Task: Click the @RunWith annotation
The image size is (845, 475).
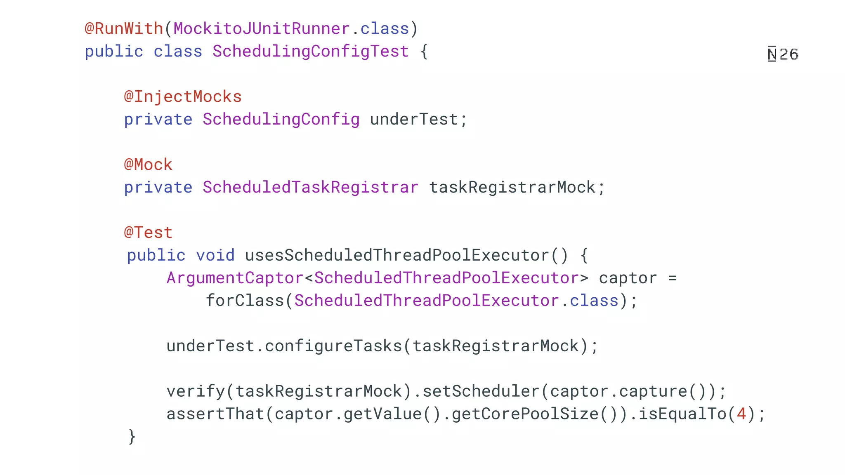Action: coord(124,29)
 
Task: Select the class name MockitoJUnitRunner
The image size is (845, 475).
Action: coord(262,29)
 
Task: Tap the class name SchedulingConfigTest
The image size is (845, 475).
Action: coord(310,52)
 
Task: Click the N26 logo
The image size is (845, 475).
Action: coord(783,54)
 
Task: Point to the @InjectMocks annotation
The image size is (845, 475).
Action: coord(183,97)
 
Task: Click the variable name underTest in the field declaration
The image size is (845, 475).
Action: coord(414,120)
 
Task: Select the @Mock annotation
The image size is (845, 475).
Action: coord(148,165)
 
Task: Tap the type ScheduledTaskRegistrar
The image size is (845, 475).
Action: coord(310,188)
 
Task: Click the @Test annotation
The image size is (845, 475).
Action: coord(148,233)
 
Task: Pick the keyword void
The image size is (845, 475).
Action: coord(215,256)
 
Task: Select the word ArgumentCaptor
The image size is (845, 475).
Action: coord(235,278)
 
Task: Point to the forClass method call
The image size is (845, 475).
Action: coord(245,301)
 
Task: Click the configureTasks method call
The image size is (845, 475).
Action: coord(333,346)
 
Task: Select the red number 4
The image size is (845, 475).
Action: coord(741,414)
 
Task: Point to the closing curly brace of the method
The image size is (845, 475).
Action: coord(132,437)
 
